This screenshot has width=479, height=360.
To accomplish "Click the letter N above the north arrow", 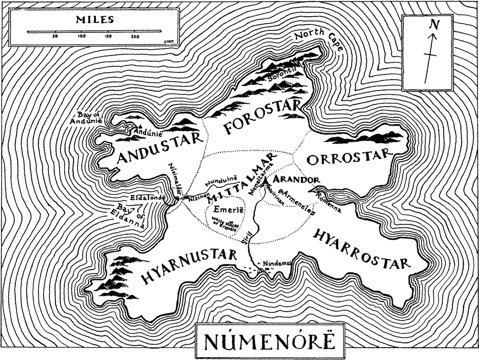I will (434, 25).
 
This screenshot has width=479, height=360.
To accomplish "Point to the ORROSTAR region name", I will (347, 157).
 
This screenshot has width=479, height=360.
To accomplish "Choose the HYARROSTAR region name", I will (361, 250).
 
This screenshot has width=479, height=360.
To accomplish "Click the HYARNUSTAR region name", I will (189, 266).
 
